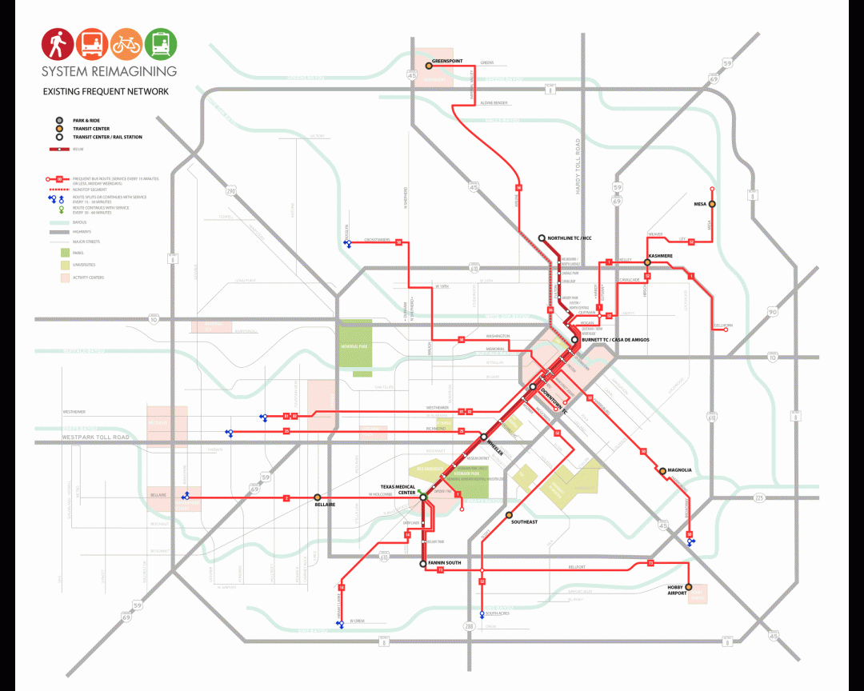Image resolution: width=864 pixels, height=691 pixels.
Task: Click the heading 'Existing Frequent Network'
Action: pos(106,92)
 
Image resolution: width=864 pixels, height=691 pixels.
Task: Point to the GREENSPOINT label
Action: pos(447,61)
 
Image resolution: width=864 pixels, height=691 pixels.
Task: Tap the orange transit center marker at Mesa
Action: pos(712,204)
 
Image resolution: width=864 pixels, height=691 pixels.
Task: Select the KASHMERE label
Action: pos(660,256)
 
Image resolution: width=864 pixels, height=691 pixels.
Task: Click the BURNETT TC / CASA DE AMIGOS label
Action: pos(615,340)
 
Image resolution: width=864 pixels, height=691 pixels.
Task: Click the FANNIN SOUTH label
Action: pos(446,563)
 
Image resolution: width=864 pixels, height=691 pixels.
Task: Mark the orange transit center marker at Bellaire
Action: pos(317,497)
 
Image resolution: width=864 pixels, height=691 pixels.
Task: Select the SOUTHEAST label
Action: pos(524,521)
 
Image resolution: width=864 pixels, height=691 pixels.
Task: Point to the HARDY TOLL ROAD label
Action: pos(577,167)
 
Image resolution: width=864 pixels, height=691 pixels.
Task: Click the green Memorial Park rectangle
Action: pos(356,344)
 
